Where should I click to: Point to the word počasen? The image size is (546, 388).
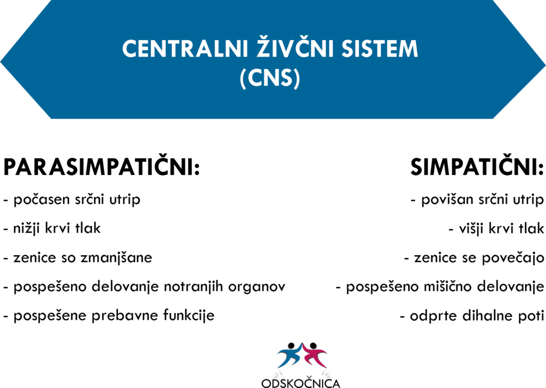(42, 200)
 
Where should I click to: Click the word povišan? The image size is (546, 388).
(447, 200)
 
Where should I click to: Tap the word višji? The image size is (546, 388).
(470, 228)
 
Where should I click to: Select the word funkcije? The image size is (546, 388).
(189, 316)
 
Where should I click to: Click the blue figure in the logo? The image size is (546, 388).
(290, 354)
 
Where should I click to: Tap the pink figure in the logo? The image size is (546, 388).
(315, 354)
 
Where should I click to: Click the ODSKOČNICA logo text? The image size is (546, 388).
(301, 383)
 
